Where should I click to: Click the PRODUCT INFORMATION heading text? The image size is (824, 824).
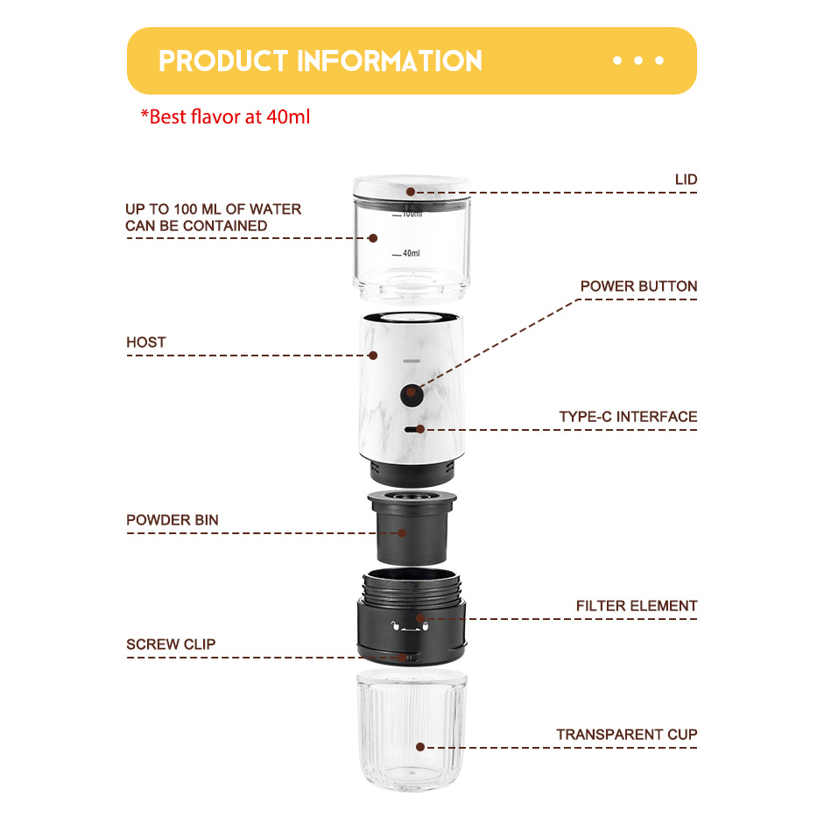pos(320,61)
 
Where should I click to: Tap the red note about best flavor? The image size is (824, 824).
pos(225,116)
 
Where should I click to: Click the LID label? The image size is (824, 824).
pos(686,180)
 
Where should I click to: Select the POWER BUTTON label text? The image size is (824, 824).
pos(638,286)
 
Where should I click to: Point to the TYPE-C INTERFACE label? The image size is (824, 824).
pos(628,417)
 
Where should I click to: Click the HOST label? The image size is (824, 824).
pos(145,342)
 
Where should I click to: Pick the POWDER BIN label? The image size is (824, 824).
pos(173,520)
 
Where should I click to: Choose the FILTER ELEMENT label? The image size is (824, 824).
pos(637,606)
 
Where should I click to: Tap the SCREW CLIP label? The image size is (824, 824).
pos(171,644)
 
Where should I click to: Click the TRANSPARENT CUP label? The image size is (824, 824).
pos(627,735)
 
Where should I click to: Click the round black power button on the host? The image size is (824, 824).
pos(411,395)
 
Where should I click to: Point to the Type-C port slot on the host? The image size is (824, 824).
pos(412,429)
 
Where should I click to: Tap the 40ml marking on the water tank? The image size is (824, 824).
pos(410,253)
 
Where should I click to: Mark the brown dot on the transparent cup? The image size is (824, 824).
pos(420,747)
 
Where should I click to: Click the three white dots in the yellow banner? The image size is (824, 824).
pos(638,60)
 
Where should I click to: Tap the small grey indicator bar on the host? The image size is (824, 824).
pos(411,361)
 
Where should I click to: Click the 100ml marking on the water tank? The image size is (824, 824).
pos(411,214)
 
